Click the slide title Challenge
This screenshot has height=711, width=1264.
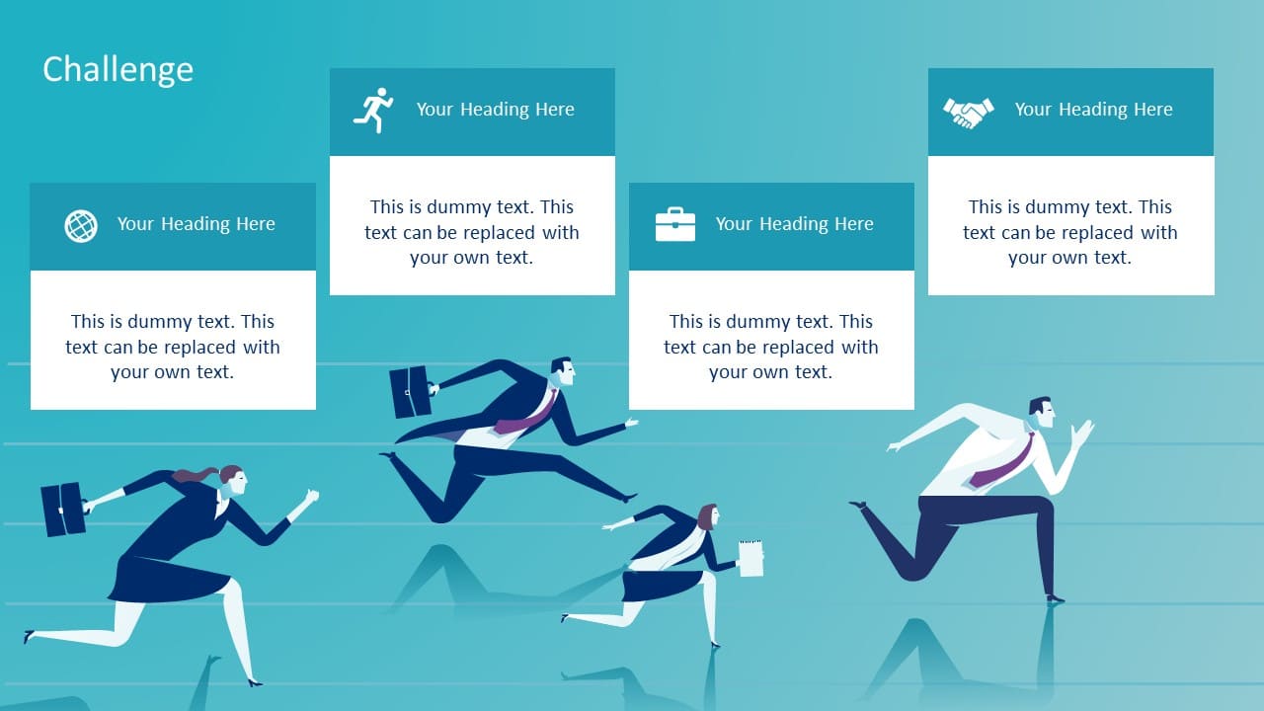click(118, 70)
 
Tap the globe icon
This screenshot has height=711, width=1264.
click(81, 226)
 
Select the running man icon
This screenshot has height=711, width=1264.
click(373, 110)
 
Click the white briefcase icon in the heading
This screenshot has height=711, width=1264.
click(675, 224)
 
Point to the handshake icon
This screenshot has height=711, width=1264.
click(969, 113)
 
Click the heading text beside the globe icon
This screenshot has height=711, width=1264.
click(197, 224)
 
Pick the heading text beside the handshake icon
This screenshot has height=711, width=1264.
click(1093, 110)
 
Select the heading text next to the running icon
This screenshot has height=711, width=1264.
click(496, 110)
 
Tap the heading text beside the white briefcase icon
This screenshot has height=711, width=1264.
click(795, 224)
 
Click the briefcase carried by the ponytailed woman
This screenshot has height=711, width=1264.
click(63, 509)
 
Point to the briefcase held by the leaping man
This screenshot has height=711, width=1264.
click(411, 392)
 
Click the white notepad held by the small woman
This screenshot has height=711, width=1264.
click(751, 558)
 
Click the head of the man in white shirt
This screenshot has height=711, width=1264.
click(1042, 413)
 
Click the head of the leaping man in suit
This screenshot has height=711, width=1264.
click(563, 371)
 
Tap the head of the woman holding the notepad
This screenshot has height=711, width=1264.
click(709, 516)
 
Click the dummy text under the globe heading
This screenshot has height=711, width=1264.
click(173, 347)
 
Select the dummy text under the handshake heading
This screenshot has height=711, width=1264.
click(1070, 232)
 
